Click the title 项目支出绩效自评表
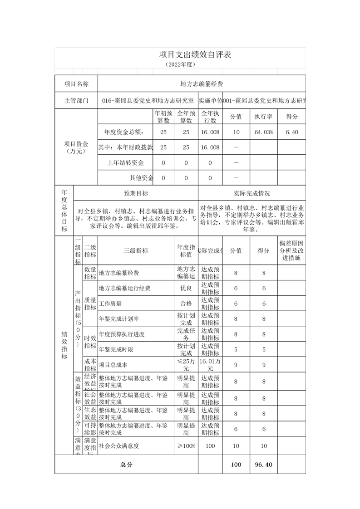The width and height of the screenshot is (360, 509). tap(195, 54)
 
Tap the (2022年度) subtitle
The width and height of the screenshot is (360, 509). tap(180, 64)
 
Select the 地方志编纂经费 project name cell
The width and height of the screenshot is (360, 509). tap(202, 84)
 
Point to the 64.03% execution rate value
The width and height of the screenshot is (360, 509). tap(263, 132)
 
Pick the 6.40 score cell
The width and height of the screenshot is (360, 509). tap(291, 132)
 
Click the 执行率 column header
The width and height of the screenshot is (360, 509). tap(263, 117)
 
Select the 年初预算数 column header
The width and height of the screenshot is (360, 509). tap(163, 117)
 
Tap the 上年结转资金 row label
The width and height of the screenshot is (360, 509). tap(126, 163)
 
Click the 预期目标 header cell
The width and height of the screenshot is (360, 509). tap(136, 193)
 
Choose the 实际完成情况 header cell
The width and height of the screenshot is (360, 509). tap(252, 193)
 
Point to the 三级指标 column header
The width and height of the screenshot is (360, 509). tap(136, 250)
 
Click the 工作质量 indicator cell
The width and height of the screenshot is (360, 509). tap(110, 303)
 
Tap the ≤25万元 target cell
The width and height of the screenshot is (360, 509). tap(186, 365)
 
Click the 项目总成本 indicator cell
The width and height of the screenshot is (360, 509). tap(113, 365)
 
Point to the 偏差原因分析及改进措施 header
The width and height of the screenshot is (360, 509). tap(291, 250)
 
